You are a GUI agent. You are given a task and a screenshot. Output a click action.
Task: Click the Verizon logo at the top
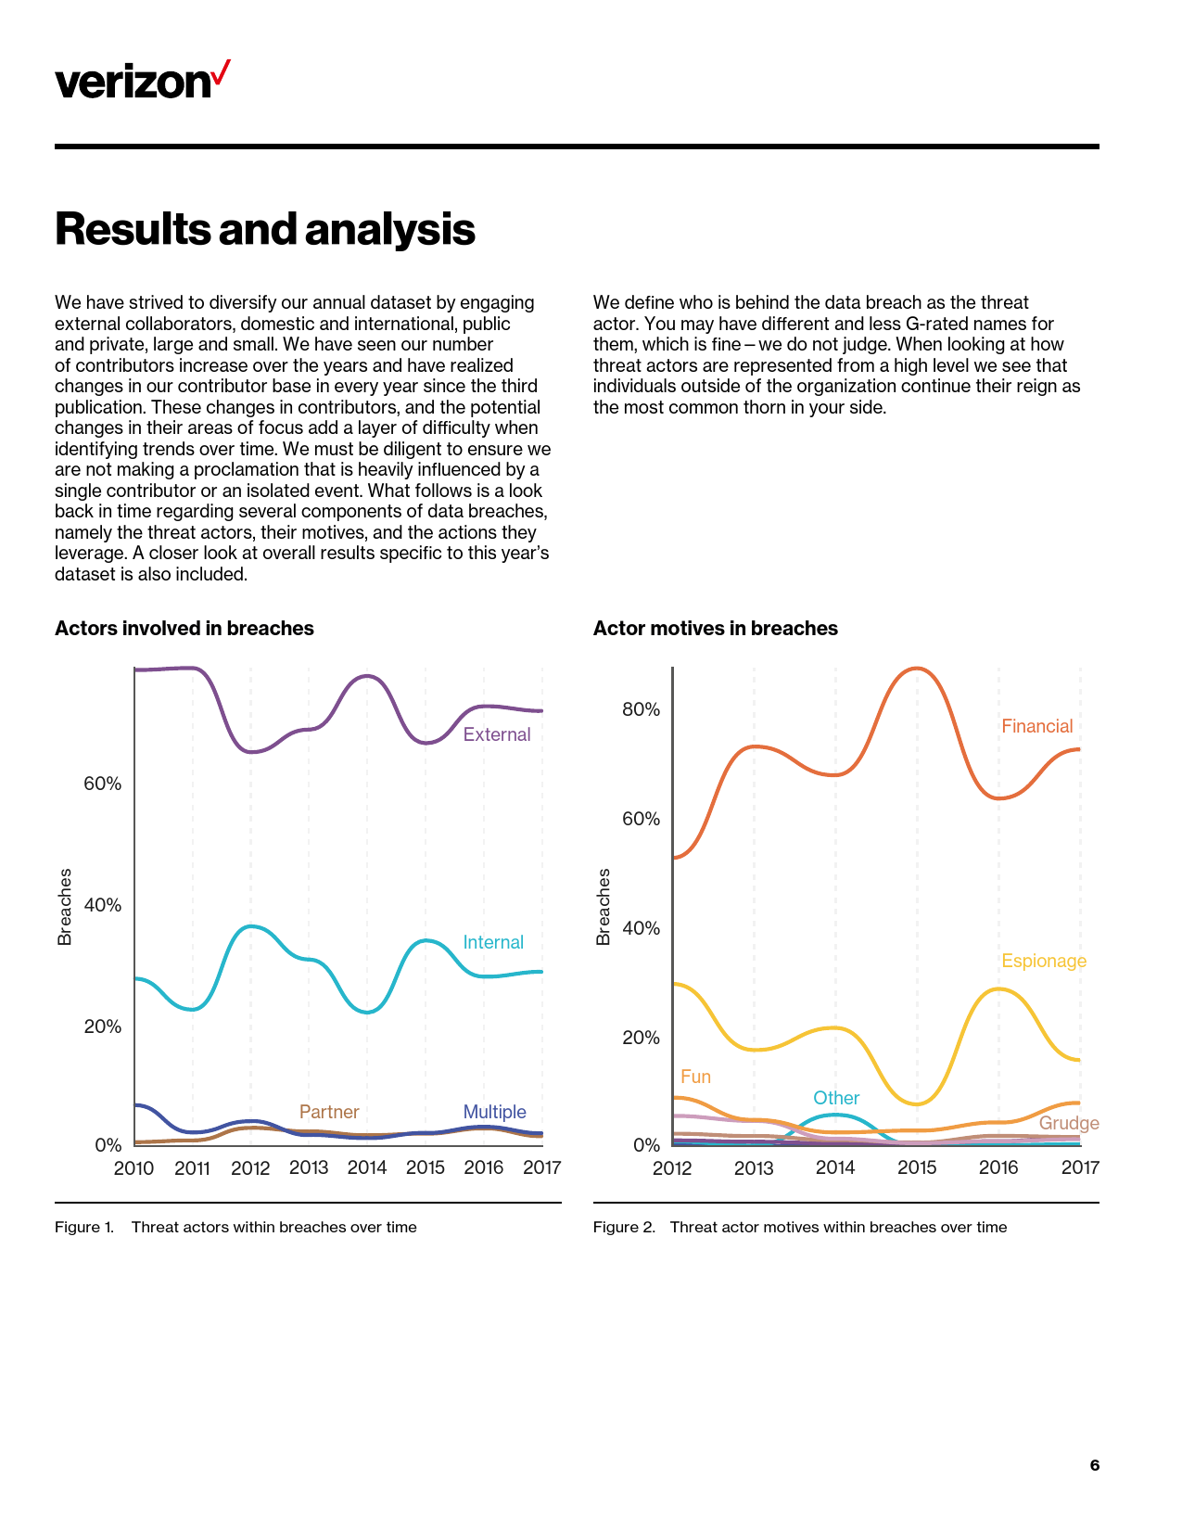(142, 81)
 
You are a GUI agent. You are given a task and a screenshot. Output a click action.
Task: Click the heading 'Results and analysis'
(265, 229)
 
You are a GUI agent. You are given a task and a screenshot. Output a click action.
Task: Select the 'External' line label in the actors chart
(497, 734)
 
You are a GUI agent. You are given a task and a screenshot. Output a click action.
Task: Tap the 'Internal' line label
(493, 942)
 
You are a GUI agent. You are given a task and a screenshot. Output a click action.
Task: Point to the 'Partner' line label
(329, 1112)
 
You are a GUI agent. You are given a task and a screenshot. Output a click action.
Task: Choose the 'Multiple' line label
(494, 1112)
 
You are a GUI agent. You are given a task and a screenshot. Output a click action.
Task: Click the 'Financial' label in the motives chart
(1036, 726)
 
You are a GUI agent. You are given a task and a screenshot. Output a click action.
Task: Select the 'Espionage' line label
(1043, 961)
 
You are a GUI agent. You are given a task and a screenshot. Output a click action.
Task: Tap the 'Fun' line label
(695, 1077)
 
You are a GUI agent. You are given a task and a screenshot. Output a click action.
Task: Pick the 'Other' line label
(836, 1098)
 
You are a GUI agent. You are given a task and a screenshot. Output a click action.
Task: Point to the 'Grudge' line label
(1069, 1123)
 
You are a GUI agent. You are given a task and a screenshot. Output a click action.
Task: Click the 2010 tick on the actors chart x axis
(133, 1167)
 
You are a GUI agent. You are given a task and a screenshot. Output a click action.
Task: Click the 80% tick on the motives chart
(641, 709)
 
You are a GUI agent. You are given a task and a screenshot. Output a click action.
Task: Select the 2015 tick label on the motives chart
(917, 1167)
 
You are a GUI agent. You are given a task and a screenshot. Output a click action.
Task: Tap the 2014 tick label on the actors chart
(367, 1167)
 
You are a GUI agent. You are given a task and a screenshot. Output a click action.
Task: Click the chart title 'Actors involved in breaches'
(184, 629)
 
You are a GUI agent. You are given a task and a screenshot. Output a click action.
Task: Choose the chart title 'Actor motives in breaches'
(715, 629)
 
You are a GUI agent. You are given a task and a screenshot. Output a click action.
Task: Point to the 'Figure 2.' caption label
(624, 1227)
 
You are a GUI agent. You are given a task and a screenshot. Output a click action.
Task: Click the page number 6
(1095, 1465)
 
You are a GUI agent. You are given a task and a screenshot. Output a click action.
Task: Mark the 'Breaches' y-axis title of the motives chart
(604, 907)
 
